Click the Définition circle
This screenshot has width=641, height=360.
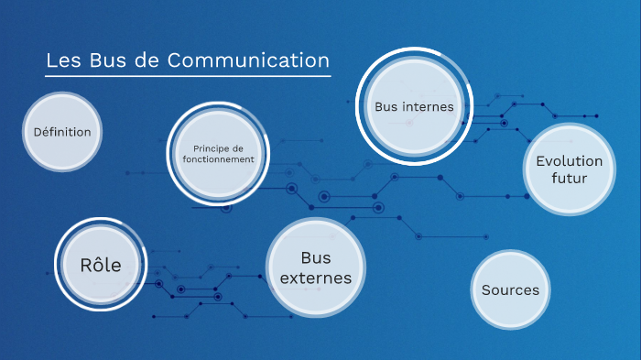[62, 132]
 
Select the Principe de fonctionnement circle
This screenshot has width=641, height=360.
[217, 154]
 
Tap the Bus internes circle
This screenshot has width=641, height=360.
[414, 106]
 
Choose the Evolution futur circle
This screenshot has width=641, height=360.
[570, 169]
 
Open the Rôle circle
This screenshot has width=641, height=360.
[101, 265]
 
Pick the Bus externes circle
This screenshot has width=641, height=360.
[315, 267]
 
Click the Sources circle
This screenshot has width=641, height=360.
[510, 290]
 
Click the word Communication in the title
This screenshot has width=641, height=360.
[262, 60]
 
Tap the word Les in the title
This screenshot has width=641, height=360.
[64, 60]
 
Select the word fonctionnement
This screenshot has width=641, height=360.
[218, 159]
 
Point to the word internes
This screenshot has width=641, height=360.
[427, 106]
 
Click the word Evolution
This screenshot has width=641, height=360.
[570, 161]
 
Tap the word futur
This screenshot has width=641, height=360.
[570, 178]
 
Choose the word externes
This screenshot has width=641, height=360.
[315, 278]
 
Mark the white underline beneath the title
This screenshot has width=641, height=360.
[188, 76]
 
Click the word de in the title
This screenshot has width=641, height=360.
[153, 60]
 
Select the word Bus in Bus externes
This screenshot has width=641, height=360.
[315, 257]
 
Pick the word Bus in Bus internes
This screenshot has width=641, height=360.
[386, 106]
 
